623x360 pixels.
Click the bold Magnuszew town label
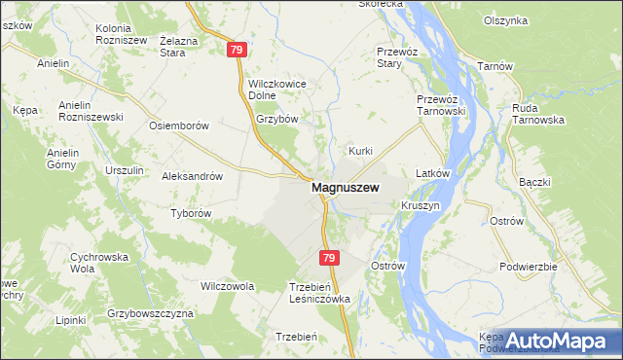click(x=345, y=188)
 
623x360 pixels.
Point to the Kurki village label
click(x=361, y=151)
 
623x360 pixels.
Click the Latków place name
click(x=431, y=173)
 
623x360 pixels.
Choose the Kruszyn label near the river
click(x=420, y=206)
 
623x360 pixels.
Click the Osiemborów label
click(x=178, y=126)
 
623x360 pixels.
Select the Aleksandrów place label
click(x=193, y=177)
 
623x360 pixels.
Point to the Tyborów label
click(x=191, y=213)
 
